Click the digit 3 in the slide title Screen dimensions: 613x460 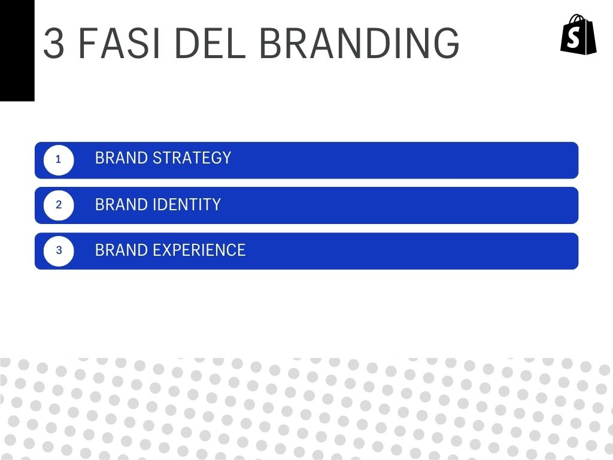pyautogui.click(x=54, y=43)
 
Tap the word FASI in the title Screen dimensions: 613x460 pyautogui.click(x=119, y=43)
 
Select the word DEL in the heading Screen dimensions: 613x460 pyautogui.click(x=210, y=43)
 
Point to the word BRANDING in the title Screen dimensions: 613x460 pyautogui.click(x=359, y=43)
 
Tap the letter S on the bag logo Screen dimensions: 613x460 pyautogui.click(x=573, y=38)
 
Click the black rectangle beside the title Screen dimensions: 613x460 pyautogui.click(x=17, y=50)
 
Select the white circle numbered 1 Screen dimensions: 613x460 pyautogui.click(x=59, y=160)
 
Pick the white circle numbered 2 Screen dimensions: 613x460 pyautogui.click(x=59, y=205)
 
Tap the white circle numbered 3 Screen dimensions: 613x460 pyautogui.click(x=59, y=251)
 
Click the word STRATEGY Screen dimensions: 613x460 pyautogui.click(x=192, y=158)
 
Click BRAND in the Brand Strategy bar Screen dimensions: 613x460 pyautogui.click(x=121, y=158)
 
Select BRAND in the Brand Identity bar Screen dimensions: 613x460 pyautogui.click(x=121, y=205)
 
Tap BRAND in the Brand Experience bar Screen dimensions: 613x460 pyautogui.click(x=121, y=250)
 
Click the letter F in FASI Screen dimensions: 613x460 pyautogui.click(x=87, y=43)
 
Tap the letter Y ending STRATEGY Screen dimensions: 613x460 pyautogui.click(x=226, y=158)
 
